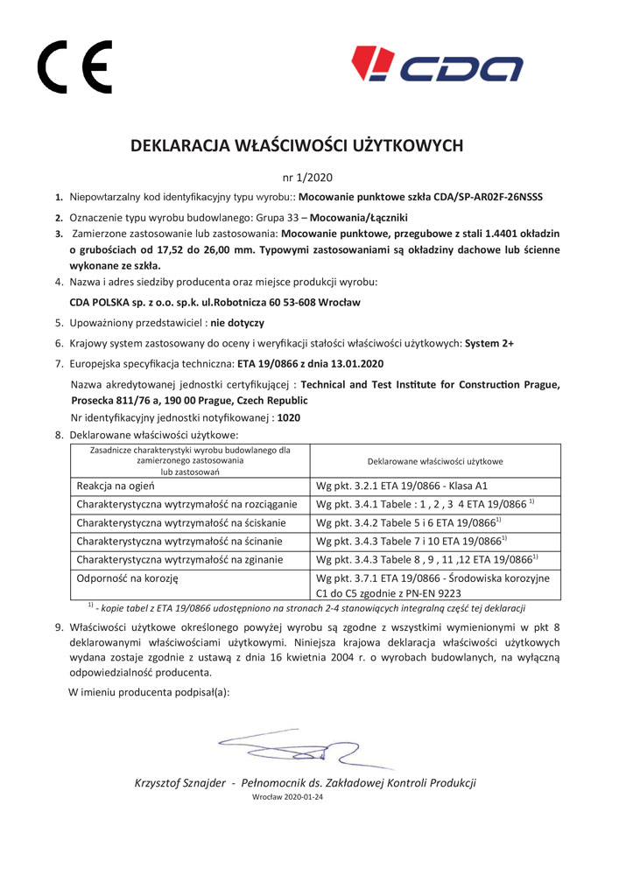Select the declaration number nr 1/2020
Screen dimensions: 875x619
tap(309, 175)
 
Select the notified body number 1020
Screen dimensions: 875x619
tap(288, 417)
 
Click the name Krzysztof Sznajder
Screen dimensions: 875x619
tap(181, 782)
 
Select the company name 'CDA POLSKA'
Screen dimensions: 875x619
tap(103, 303)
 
